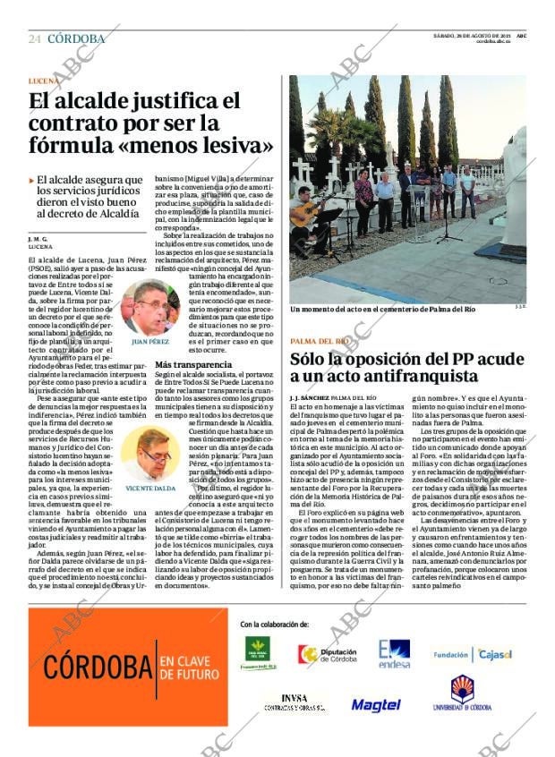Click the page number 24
[x=35, y=38]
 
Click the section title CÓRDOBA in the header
[x=76, y=38]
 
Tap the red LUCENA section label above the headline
[x=45, y=81]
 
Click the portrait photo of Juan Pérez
[x=150, y=308]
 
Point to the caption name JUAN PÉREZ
[x=150, y=342]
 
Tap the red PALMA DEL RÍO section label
[x=320, y=341]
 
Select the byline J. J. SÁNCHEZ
[x=309, y=396]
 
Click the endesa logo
[x=393, y=654]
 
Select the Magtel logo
[x=375, y=705]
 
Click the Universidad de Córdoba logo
[x=462, y=694]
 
